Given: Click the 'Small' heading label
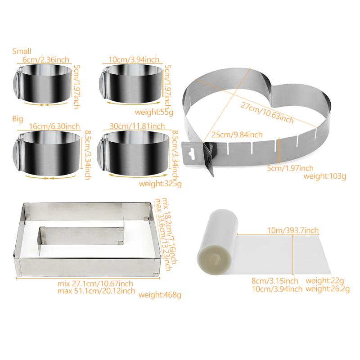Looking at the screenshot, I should (22, 51).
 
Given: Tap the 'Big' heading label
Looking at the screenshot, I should (18, 119).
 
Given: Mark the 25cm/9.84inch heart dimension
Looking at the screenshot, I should (237, 135).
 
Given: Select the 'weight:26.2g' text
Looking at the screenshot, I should (328, 288).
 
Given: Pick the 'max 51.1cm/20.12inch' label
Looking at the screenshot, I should (96, 291).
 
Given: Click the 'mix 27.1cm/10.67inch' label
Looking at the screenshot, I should (95, 283).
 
